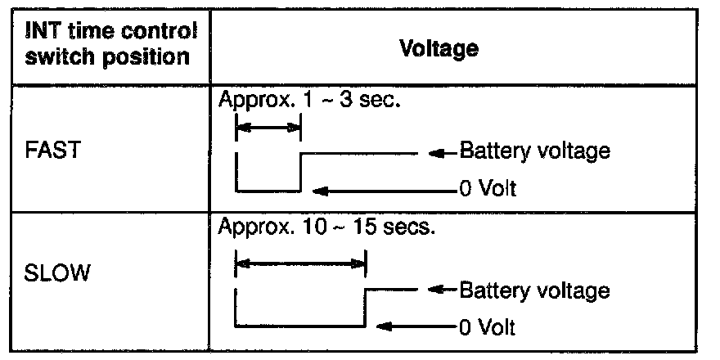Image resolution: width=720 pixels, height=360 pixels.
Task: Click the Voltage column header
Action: (439, 48)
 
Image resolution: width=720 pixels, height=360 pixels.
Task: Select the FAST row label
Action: (51, 151)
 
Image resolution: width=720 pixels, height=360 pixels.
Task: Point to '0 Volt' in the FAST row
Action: (488, 190)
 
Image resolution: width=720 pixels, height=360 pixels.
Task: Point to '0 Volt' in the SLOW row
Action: (488, 328)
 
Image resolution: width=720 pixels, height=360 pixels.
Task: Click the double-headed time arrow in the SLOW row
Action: (300, 263)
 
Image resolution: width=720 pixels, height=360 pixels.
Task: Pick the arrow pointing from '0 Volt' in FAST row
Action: (385, 191)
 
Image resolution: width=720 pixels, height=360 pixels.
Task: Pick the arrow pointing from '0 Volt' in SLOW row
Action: (417, 328)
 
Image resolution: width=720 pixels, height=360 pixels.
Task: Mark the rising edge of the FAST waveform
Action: (300, 171)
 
